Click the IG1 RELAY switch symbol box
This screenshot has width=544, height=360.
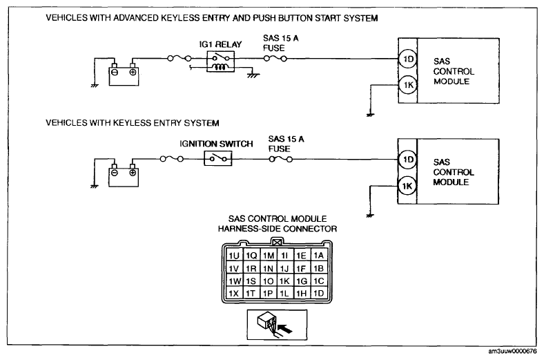(220, 61)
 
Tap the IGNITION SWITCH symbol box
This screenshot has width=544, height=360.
(218, 159)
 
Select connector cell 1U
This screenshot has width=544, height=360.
(234, 256)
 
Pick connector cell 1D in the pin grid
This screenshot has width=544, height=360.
(319, 294)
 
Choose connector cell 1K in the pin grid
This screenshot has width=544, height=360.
(285, 281)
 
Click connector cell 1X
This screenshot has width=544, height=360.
(234, 294)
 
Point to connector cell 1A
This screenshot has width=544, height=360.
(319, 256)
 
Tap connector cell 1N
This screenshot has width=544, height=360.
(268, 268)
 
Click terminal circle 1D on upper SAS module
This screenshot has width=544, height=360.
(408, 59)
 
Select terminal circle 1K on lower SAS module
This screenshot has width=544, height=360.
(407, 186)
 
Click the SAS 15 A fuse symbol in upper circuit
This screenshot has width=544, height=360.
(275, 58)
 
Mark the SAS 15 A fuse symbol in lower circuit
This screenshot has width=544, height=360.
(281, 159)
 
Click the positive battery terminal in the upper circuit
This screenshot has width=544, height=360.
(133, 72)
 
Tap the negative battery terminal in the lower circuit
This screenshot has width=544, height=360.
(114, 173)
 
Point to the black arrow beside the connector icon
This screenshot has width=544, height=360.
(286, 328)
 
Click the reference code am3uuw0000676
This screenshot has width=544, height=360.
(512, 351)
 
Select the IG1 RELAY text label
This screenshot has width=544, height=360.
(220, 44)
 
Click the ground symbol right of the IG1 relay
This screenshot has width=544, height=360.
(253, 75)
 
